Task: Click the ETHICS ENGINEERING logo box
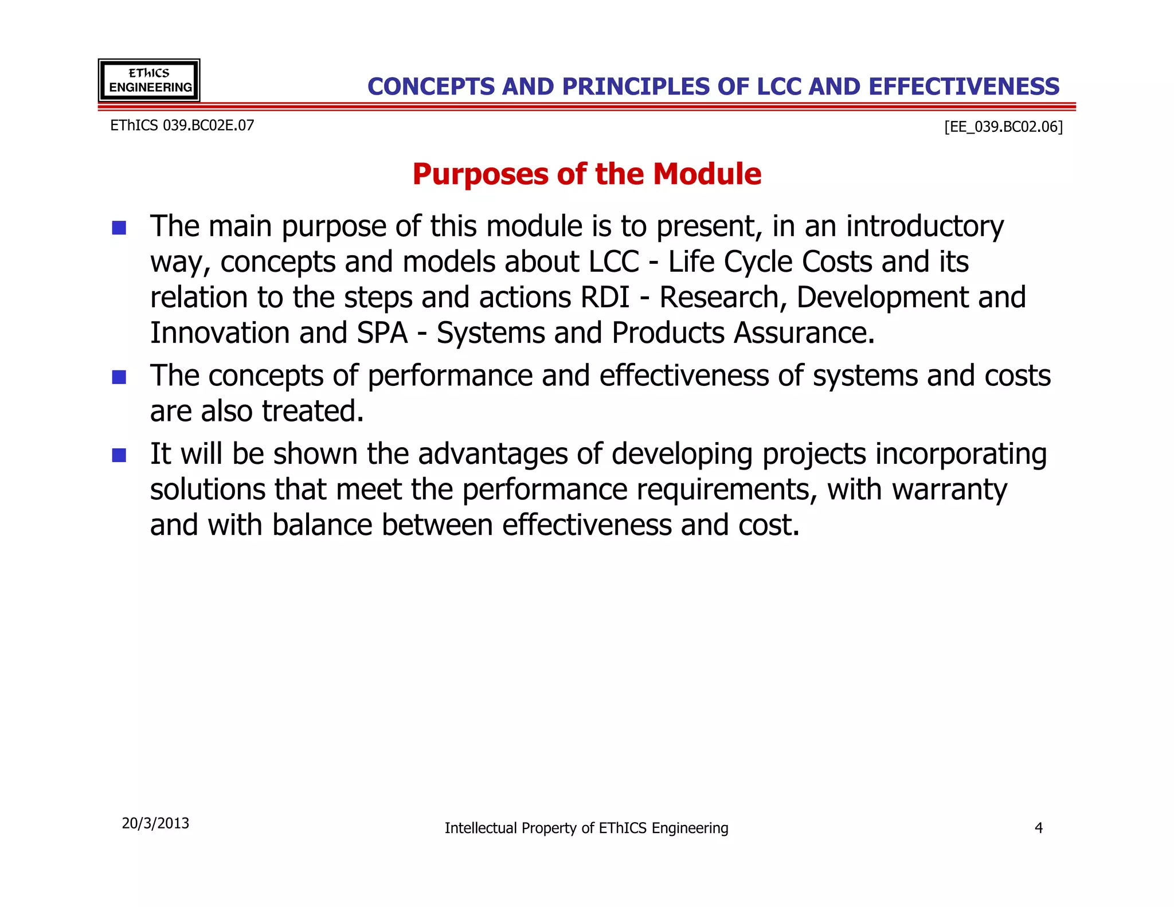pos(149,80)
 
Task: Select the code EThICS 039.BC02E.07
pos(182,125)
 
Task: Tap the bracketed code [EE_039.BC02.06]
pos(1003,126)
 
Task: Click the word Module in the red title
pos(707,174)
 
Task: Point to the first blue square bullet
pos(119,228)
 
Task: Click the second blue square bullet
pos(119,377)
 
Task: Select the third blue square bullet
pos(119,455)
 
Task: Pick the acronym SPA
pos(382,333)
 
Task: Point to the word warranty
pos(949,490)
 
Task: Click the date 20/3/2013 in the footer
pos(155,823)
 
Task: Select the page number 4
pos(1038,828)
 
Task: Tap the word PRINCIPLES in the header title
pos(635,87)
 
